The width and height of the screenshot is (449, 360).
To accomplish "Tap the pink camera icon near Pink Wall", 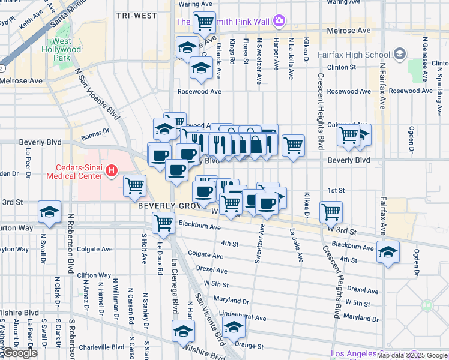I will [x=279, y=22].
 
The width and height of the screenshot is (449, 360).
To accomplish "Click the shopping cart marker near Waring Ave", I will [x=205, y=23].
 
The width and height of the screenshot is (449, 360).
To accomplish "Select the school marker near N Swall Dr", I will [x=49, y=212].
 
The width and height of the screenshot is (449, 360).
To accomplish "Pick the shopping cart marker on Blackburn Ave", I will [x=163, y=223].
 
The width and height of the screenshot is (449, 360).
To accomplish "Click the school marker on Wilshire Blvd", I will [x=184, y=331].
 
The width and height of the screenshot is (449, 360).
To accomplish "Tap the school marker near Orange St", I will [x=234, y=327].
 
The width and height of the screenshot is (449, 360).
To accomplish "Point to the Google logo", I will [x=19, y=353].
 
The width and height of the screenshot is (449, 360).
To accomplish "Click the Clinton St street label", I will [x=343, y=67].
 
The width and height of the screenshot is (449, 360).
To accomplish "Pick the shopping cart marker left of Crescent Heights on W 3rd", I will [x=331, y=211].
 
